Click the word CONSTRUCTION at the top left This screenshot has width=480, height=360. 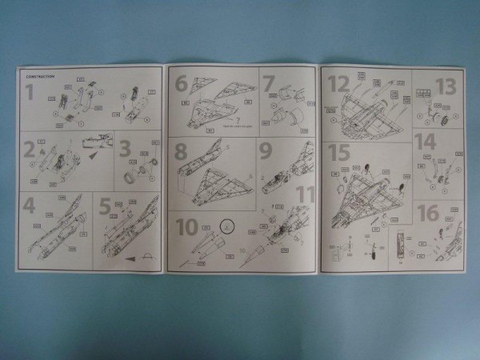39,76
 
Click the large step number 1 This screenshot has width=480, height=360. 30,92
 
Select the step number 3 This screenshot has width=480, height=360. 125,149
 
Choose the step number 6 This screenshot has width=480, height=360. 182,83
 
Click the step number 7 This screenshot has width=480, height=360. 269,83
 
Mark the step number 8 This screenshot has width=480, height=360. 182,151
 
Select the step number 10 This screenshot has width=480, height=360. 187,226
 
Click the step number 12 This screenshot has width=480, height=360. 339,83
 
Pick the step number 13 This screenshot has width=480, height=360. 445,86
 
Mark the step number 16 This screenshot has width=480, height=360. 428,213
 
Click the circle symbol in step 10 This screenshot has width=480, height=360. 226,226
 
